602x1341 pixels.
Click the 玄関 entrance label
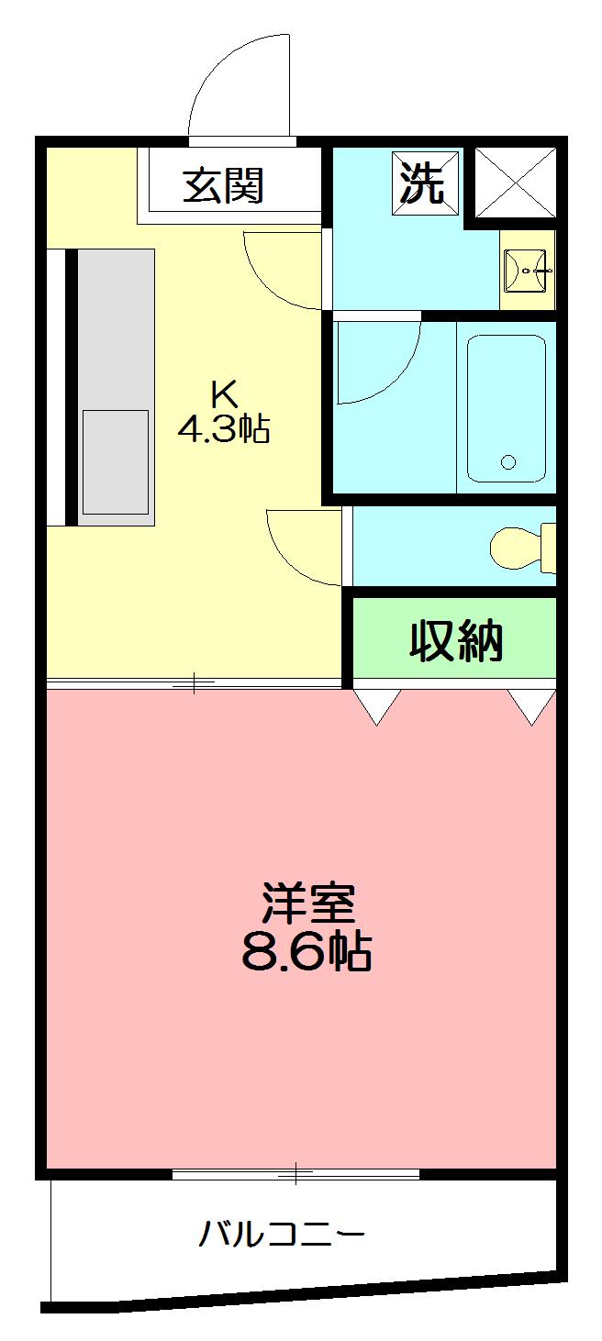pyautogui.click(x=223, y=186)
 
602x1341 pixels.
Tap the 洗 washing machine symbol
pyautogui.click(x=424, y=183)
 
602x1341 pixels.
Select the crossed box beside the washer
pyautogui.click(x=515, y=182)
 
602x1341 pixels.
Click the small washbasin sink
pyautogui.click(x=528, y=270)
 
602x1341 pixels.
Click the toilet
pyautogui.click(x=518, y=548)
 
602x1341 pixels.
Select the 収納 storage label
pyautogui.click(x=456, y=641)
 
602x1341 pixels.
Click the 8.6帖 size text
pyautogui.click(x=307, y=952)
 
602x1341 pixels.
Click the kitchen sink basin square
pyautogui.click(x=116, y=461)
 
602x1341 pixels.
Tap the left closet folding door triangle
pyautogui.click(x=377, y=705)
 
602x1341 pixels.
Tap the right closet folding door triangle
pyautogui.click(x=532, y=705)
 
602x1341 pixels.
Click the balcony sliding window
pyautogui.click(x=295, y=1173)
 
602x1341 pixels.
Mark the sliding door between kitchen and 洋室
pyautogui.click(x=195, y=683)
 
